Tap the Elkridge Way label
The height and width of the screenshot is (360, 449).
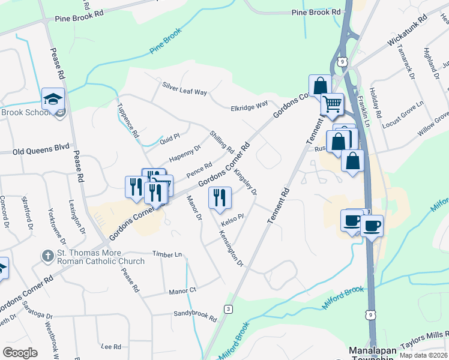pyautogui.click(x=249, y=107)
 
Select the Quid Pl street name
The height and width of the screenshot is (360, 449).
pyautogui.click(x=170, y=136)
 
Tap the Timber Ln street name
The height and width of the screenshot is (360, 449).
pyautogui.click(x=167, y=255)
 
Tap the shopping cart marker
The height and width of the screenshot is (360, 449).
pyautogui.click(x=331, y=104)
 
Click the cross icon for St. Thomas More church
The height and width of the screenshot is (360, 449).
pyautogui.click(x=47, y=256)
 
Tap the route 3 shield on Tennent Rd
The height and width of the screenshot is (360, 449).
pyautogui.click(x=228, y=309)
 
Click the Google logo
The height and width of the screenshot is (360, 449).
pyautogui.click(x=20, y=353)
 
